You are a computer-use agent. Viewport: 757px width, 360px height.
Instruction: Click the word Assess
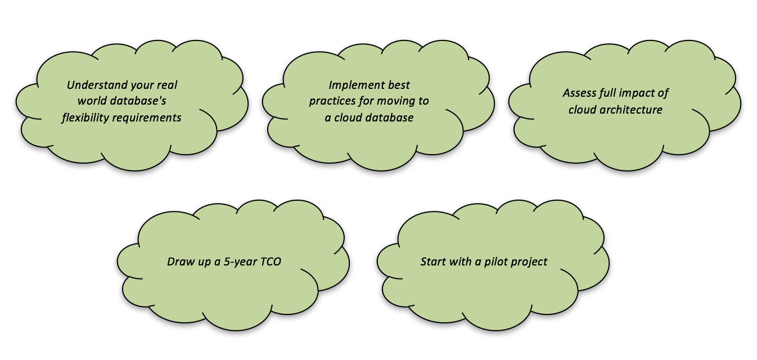point(579,93)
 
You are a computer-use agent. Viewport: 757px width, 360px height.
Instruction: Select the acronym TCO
point(270,262)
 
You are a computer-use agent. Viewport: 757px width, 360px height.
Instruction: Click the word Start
point(434,262)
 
